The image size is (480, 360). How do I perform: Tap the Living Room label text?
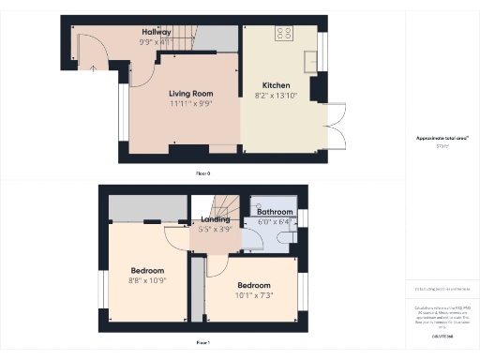coord(191,94)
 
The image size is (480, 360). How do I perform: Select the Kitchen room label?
coord(276,86)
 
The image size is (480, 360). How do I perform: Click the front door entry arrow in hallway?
coord(93,67)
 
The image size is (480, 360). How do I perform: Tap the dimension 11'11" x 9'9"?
coord(191,103)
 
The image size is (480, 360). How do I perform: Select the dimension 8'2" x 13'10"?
coord(276,96)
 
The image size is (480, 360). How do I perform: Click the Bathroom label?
coord(276,213)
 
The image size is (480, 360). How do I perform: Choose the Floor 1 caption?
coord(202,343)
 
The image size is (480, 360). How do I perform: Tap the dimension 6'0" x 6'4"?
coord(276,222)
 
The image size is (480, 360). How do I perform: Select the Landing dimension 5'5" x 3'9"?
coord(216,230)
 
